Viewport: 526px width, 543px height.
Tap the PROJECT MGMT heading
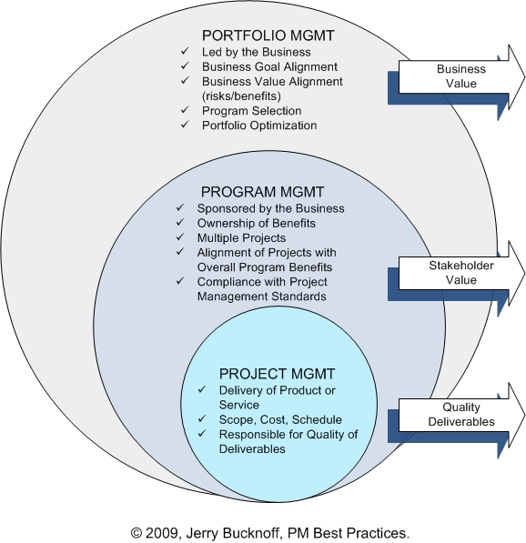pos(278,374)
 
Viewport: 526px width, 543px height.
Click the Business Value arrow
pos(460,76)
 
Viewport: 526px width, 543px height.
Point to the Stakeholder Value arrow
pos(460,272)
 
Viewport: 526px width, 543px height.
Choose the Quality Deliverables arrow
pos(460,415)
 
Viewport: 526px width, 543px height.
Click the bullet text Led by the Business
pos(256,52)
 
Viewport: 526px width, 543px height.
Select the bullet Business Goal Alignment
pos(269,66)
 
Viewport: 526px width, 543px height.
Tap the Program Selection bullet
pos(251,110)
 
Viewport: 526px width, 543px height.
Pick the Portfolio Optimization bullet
pos(259,125)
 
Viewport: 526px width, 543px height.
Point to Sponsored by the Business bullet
pos(270,208)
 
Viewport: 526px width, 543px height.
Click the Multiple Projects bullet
pos(241,237)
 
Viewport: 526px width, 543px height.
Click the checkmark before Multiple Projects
pos(178,237)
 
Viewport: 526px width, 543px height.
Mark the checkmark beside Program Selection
pos(184,110)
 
